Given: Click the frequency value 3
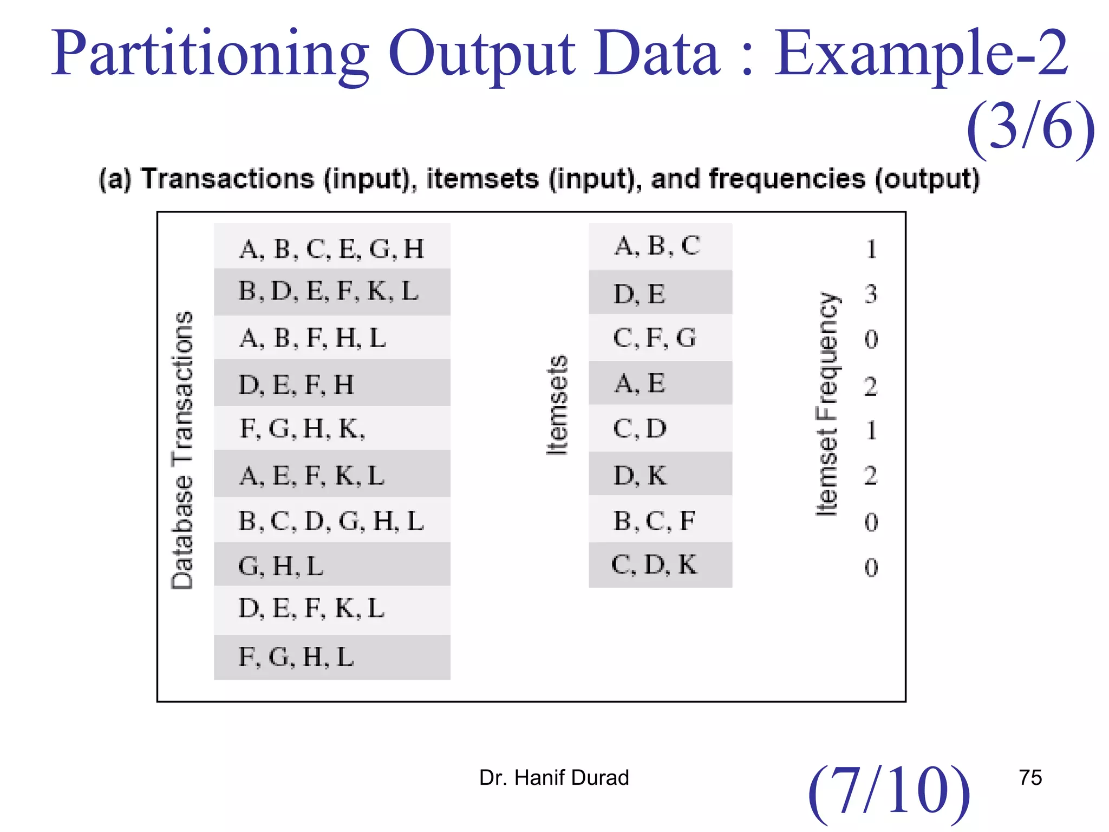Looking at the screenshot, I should [871, 294].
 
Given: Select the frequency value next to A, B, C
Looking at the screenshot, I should [871, 249].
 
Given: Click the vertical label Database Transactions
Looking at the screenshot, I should [182, 450].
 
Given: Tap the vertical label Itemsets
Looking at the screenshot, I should [557, 405].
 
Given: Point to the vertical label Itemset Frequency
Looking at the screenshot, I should [827, 404].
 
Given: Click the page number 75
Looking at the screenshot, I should [1030, 778].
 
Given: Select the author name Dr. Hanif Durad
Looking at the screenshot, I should [554, 778].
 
